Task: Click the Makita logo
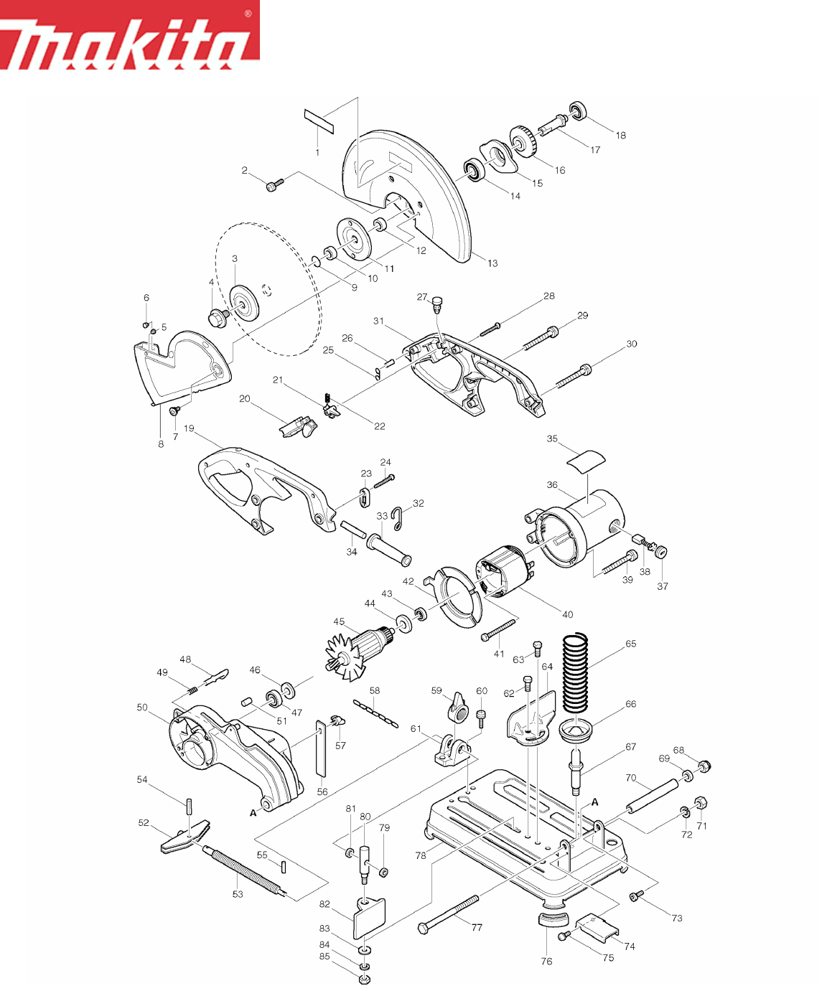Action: point(130,34)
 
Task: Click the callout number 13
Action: point(492,263)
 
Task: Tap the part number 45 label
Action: point(339,621)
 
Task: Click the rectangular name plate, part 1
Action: point(319,121)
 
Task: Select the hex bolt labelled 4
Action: point(219,316)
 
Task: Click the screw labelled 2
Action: point(275,184)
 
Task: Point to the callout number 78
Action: point(421,856)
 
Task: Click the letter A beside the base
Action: point(594,802)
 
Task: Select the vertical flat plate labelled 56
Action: point(320,748)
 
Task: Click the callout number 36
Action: point(551,484)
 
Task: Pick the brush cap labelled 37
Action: point(660,553)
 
